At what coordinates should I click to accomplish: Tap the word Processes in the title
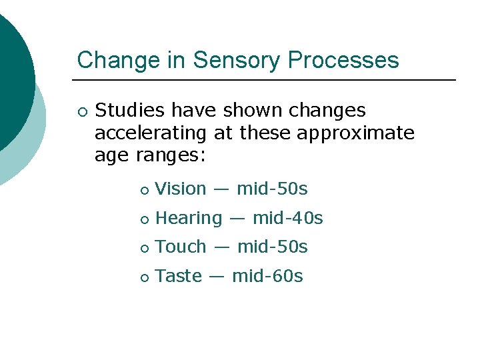click(343, 60)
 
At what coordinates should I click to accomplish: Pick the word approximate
click(355, 133)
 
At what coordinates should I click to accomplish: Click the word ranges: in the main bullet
click(173, 157)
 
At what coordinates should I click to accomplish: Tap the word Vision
click(181, 189)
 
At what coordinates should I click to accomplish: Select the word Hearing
click(189, 218)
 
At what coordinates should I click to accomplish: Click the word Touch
click(181, 247)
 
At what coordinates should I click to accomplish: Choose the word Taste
click(178, 276)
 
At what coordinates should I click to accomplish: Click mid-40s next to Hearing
click(287, 218)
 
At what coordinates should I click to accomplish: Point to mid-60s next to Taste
click(267, 276)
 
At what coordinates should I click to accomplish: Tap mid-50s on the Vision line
click(272, 189)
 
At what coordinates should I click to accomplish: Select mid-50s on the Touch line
click(272, 247)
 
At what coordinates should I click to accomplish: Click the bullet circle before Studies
click(81, 111)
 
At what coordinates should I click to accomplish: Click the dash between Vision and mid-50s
click(221, 189)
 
